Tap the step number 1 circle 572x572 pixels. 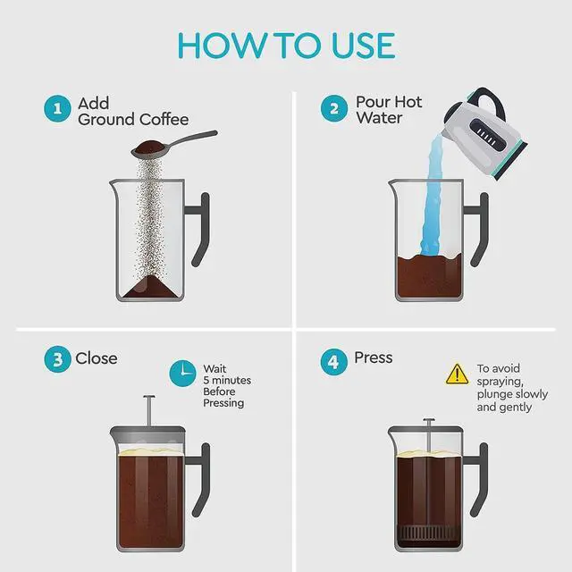(x=56, y=109)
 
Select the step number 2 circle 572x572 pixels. (x=334, y=109)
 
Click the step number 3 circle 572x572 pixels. (x=56, y=359)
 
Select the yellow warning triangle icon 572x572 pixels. (x=457, y=374)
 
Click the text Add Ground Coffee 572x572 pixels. (x=132, y=111)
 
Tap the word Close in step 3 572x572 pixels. (x=97, y=358)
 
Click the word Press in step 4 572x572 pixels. (x=374, y=357)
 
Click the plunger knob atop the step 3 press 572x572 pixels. (x=148, y=399)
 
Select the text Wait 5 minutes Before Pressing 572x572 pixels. (x=226, y=385)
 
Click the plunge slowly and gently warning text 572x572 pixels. (x=511, y=388)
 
